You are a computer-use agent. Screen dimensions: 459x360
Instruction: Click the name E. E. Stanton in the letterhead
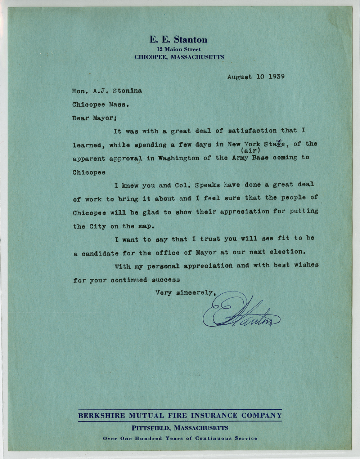click(x=179, y=40)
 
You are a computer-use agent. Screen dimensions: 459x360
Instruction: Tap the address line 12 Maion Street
click(x=179, y=49)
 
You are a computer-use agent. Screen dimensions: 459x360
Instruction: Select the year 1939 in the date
click(x=276, y=77)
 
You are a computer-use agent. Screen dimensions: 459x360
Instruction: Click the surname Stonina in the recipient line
click(x=127, y=91)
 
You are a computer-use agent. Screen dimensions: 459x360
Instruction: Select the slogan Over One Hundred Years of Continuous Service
click(x=180, y=438)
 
